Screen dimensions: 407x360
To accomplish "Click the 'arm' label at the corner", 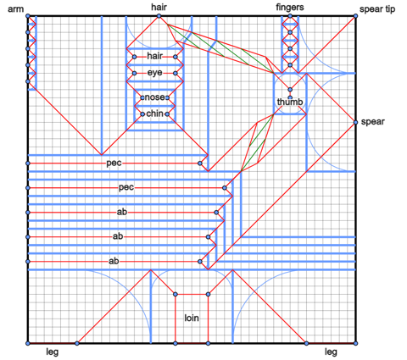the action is (x=15, y=9).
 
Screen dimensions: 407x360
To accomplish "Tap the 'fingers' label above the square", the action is (x=290, y=7).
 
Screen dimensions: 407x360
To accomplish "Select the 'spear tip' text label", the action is (x=377, y=9).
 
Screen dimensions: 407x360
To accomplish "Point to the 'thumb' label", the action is (x=290, y=102).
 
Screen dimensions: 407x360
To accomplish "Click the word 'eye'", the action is (x=155, y=73).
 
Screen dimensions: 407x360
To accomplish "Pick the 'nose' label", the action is (x=154, y=97).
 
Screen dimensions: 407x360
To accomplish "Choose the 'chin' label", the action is (x=154, y=114).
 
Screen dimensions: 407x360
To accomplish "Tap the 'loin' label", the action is (x=192, y=318).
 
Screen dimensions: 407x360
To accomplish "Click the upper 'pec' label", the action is (x=114, y=163).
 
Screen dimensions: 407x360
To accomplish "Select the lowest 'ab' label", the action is (x=114, y=261).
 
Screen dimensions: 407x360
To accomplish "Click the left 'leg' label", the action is (x=53, y=352).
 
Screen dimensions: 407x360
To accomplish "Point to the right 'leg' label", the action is (x=331, y=352).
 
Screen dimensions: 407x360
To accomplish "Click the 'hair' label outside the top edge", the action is (x=159, y=7).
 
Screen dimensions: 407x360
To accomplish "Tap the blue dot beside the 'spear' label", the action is (x=355, y=122).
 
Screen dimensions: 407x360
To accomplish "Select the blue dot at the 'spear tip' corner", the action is (x=355, y=16).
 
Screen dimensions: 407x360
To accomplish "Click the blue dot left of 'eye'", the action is (x=135, y=74).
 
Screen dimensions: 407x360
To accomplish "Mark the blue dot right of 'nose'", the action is (x=167, y=97).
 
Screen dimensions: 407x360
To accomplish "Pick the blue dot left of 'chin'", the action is (x=142, y=114).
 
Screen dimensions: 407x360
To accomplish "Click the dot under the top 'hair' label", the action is (x=159, y=16).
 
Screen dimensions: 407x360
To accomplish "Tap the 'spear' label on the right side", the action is (x=373, y=122).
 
